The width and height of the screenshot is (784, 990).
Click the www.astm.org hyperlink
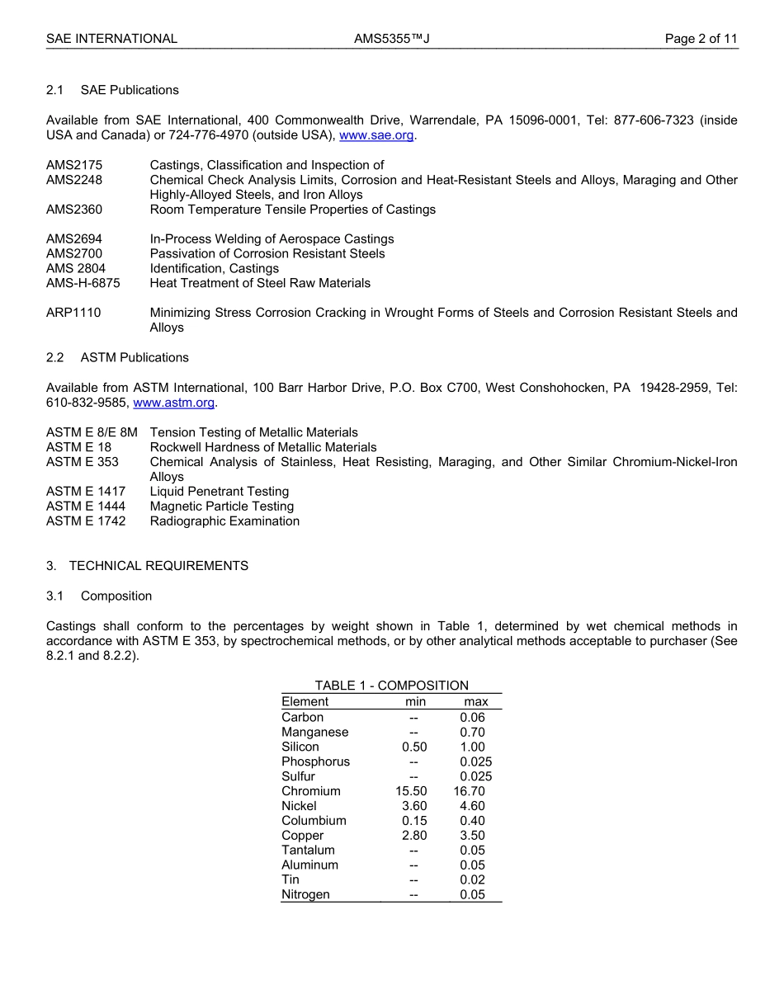coord(174,403)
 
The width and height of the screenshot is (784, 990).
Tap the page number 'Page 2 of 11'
coord(701,39)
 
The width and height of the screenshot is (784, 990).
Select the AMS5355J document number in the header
coord(392,39)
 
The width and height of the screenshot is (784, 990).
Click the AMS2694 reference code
coord(75,239)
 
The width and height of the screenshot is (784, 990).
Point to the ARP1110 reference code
coord(74,313)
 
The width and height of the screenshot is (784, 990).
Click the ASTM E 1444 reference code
coord(86,507)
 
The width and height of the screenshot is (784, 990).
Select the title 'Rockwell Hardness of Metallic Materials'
coord(263,447)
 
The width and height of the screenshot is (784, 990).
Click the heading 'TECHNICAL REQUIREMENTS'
coord(158,566)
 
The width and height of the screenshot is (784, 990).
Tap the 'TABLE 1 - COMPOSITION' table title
coord(391,686)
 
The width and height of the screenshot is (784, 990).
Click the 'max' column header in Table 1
coord(476,702)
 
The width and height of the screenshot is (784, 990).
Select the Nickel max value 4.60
coord(472,806)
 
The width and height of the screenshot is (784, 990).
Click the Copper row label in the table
coord(302,836)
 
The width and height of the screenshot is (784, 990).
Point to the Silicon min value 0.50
coord(414,747)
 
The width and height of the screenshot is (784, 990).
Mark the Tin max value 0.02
coord(472,880)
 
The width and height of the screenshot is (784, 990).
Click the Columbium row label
coord(314,821)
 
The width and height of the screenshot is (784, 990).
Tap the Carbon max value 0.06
coord(472,717)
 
